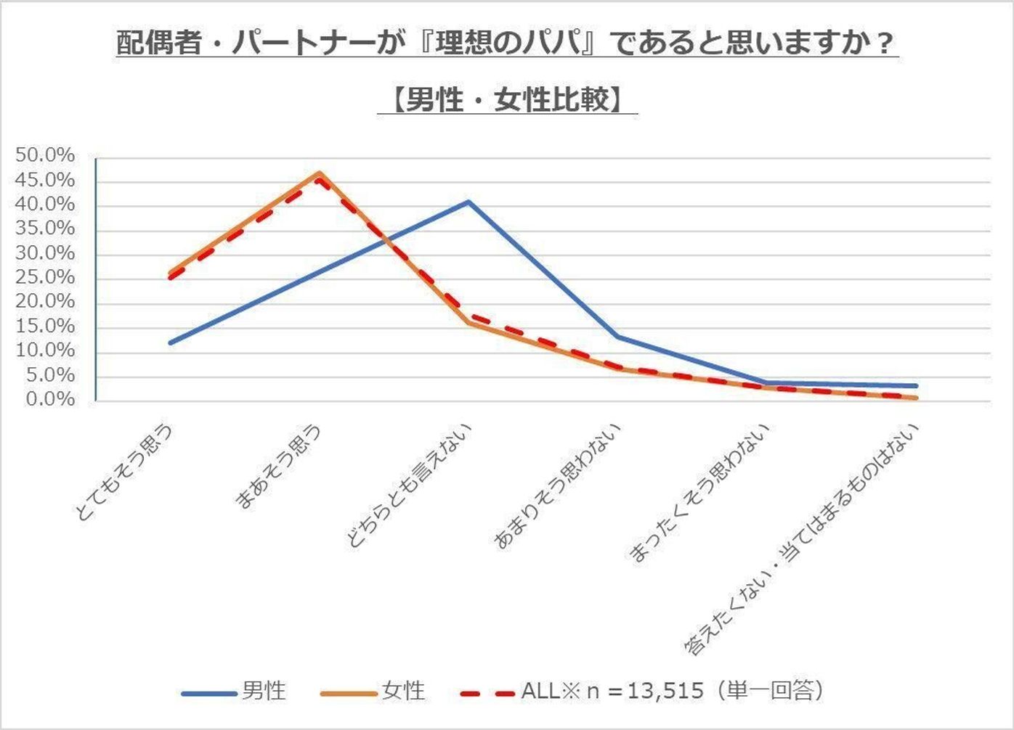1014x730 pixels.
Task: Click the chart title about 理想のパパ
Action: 506,44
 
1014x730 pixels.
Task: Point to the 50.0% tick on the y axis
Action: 46,156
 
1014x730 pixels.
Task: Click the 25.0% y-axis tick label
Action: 46,278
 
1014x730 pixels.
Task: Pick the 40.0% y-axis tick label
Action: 46,205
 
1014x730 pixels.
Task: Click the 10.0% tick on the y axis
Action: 46,351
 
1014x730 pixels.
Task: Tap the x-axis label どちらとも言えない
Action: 411,486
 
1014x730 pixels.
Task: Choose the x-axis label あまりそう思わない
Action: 558,486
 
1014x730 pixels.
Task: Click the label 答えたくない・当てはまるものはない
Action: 803,541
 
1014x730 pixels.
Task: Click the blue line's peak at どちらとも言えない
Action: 469,202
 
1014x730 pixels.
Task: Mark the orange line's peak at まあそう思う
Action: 320,173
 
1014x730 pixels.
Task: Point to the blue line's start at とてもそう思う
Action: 170,343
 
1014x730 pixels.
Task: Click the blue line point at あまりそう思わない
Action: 617,336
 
